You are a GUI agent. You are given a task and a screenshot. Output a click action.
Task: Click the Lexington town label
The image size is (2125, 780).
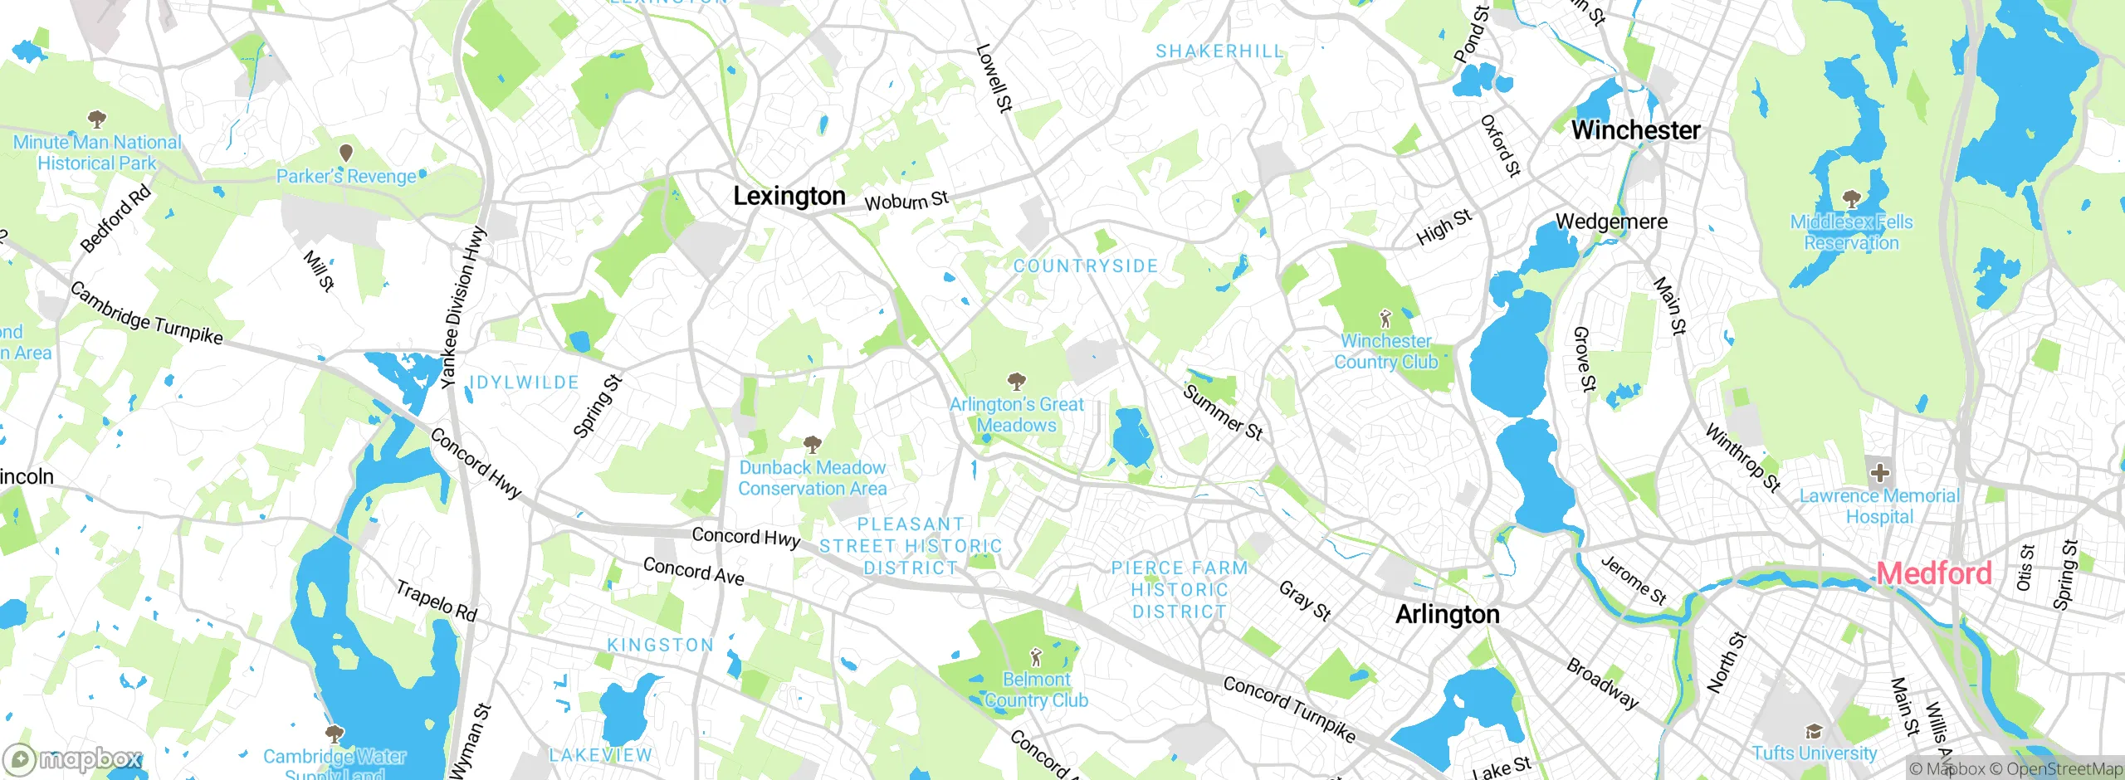click(789, 196)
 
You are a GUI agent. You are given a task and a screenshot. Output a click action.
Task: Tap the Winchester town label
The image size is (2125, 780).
click(1635, 130)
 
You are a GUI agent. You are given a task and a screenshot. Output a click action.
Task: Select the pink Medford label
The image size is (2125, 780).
click(1933, 573)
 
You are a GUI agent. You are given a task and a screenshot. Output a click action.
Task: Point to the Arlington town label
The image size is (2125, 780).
click(1447, 614)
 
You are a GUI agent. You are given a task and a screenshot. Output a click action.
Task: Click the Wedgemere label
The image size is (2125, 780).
click(1611, 222)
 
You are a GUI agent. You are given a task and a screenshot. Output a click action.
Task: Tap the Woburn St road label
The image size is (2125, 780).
click(906, 201)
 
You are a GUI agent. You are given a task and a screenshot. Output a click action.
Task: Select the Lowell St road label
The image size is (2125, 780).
click(994, 78)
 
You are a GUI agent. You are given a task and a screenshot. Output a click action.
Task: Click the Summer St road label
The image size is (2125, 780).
click(1222, 412)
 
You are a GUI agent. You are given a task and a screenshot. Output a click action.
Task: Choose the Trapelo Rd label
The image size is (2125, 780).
click(436, 601)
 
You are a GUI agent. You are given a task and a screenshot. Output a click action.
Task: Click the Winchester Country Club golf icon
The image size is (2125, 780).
click(1385, 318)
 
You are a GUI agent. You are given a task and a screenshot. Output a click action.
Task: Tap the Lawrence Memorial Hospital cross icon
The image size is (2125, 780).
click(1879, 474)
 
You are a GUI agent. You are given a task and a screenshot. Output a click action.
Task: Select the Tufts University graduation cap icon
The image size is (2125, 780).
click(1814, 731)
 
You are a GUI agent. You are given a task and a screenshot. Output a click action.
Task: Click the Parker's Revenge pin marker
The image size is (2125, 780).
click(346, 153)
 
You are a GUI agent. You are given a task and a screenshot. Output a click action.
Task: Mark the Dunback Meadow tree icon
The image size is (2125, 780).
click(813, 444)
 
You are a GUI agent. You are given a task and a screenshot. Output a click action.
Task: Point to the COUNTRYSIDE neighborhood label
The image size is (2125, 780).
click(1085, 266)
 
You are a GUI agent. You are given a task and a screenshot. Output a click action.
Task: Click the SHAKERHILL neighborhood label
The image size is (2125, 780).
click(1219, 51)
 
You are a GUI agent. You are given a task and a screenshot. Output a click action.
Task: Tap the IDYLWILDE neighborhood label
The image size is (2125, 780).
click(524, 383)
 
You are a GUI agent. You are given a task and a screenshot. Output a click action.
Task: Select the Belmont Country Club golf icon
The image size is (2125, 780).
click(1035, 657)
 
